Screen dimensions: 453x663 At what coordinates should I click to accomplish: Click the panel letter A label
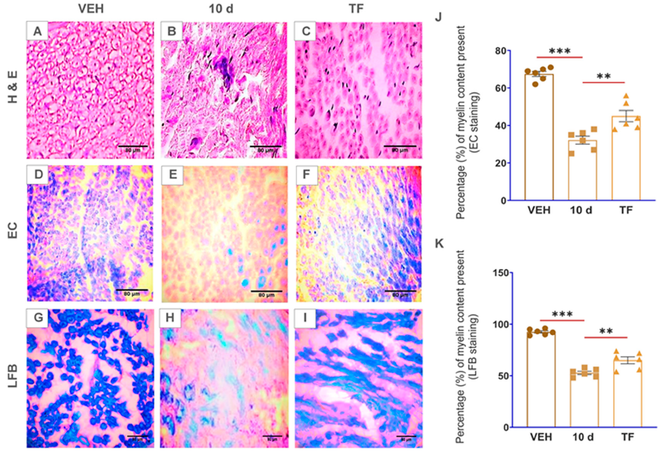click(37, 31)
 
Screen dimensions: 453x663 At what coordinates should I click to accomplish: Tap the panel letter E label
click(173, 175)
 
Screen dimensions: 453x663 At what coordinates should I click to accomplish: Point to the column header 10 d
click(221, 9)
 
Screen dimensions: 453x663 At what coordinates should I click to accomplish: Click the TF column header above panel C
click(356, 9)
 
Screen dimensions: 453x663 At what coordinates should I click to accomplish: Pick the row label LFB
click(13, 376)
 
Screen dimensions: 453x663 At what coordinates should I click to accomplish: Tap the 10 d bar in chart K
click(584, 400)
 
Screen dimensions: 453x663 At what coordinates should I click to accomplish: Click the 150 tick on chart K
click(502, 273)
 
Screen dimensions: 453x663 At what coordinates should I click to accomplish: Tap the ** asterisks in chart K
click(606, 331)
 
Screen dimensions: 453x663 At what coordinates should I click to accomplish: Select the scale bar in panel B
click(265, 146)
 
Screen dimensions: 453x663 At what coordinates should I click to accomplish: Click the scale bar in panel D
click(132, 290)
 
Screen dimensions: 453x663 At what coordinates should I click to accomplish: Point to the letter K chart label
click(439, 244)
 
